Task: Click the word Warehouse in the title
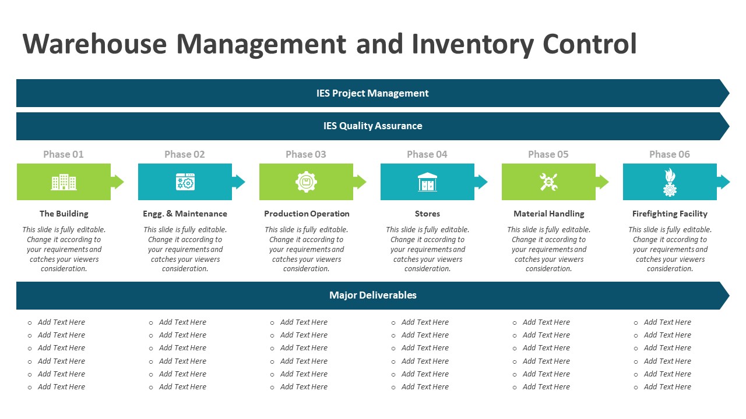coord(93,44)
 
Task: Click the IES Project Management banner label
coord(372,93)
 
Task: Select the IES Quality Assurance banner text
coord(372,126)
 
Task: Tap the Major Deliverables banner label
coord(372,295)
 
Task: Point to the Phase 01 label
coord(64,154)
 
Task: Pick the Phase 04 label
coord(427,154)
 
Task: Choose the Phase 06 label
coord(670,154)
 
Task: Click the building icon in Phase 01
coord(64,182)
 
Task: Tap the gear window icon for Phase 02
coord(185,182)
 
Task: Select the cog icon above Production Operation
coord(306,182)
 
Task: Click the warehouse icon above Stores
coord(427,182)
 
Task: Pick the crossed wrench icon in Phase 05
coord(548,182)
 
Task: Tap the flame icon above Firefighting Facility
coord(670,182)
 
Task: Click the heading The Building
coord(64,214)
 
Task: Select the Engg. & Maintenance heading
coord(185,214)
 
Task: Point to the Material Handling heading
coord(548,214)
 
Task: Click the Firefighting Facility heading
coord(670,214)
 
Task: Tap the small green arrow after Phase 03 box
coord(360,182)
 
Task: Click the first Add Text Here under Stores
coord(425,322)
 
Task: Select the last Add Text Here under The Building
coord(61,386)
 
